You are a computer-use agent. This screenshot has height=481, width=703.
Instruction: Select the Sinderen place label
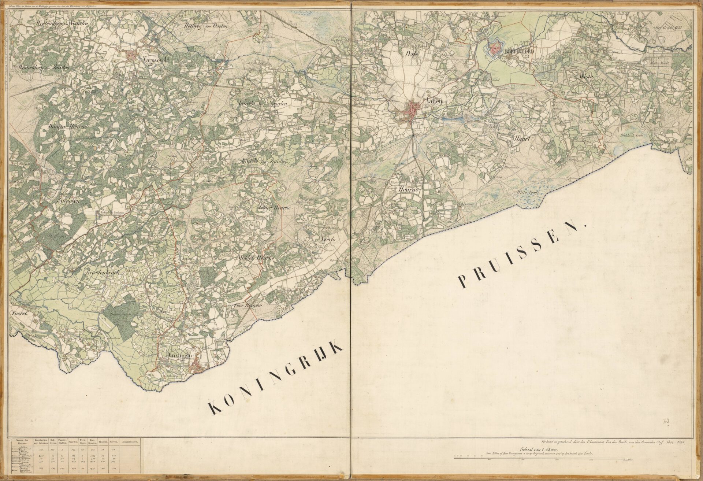click(68, 201)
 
